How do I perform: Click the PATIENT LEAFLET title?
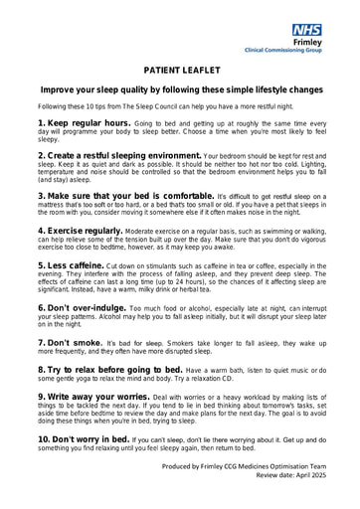pos(179,71)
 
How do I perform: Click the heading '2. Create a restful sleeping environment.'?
pos(118,156)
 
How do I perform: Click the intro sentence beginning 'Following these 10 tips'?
pos(165,105)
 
